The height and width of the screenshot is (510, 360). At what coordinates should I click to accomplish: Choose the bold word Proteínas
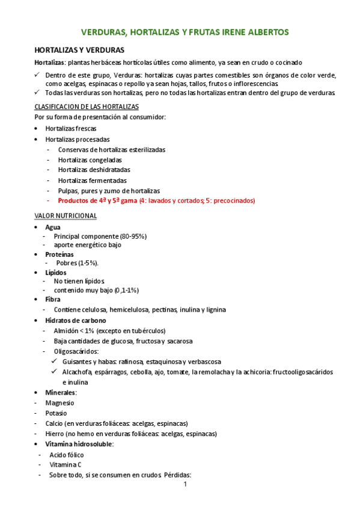(59, 254)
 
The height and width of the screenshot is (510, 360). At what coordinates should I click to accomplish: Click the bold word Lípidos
(56, 272)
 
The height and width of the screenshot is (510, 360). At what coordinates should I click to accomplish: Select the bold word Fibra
(53, 299)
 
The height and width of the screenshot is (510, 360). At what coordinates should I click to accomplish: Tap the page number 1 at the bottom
(186, 484)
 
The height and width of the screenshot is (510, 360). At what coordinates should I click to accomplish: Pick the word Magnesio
(59, 403)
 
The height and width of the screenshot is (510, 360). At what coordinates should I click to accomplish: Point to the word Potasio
(56, 413)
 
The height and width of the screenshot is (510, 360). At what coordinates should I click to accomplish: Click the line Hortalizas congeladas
(90, 160)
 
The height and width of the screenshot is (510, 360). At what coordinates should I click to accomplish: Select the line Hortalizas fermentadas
(92, 180)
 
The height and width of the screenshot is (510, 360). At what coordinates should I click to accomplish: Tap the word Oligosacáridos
(76, 351)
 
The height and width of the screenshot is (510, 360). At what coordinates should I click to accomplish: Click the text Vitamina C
(66, 464)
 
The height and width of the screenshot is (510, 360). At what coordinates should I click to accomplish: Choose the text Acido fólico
(67, 455)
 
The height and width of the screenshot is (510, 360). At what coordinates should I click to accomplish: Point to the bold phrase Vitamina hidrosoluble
(79, 444)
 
